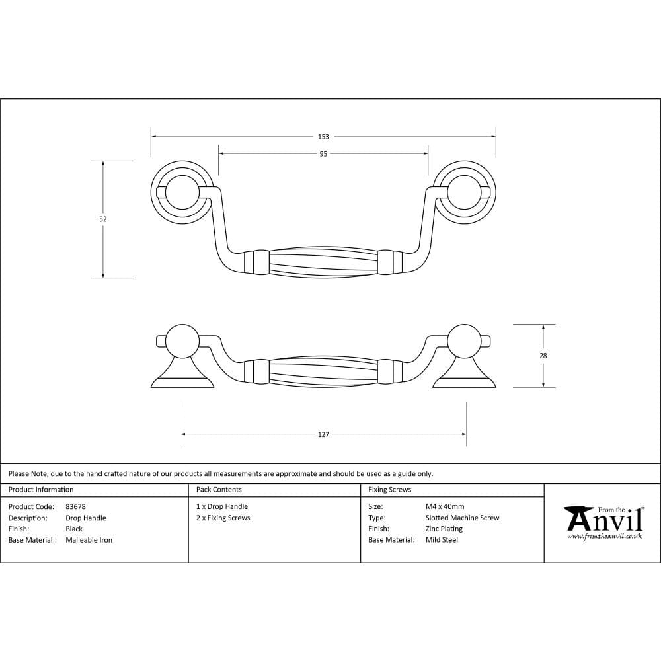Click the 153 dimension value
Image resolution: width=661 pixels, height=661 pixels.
pos(323,137)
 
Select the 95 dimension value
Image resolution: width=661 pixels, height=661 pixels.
pos(323,154)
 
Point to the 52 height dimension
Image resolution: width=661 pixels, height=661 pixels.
pos(103,219)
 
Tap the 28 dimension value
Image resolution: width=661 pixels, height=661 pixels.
pos(543,356)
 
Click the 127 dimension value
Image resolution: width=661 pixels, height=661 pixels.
pos(323,435)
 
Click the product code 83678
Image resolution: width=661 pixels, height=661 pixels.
pos(76,507)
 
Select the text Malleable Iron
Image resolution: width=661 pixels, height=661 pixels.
pos(89,540)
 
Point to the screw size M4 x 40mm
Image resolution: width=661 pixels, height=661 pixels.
pos(445,507)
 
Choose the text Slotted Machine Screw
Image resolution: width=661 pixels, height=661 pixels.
pos(463,518)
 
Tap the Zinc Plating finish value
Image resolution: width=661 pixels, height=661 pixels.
pos(444,529)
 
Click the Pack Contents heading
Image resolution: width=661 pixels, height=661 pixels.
pos(219,490)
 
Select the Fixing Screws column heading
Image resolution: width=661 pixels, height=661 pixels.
pos(390,490)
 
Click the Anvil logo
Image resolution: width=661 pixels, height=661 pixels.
pos(603,522)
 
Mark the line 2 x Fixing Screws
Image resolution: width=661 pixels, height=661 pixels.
pos(223,518)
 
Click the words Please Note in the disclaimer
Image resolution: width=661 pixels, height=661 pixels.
pos(28,473)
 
